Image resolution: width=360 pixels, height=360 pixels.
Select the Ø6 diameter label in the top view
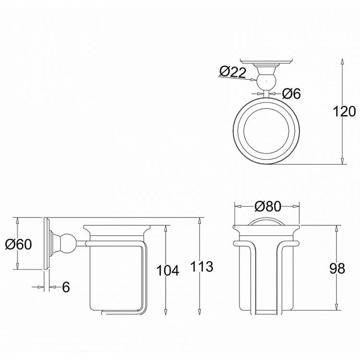(291, 94)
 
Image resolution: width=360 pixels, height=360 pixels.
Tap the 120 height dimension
(345, 111)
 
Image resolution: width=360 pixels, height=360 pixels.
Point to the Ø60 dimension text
(18, 244)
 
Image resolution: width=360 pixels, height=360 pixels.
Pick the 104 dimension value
(168, 270)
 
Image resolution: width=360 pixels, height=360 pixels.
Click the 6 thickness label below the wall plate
(66, 287)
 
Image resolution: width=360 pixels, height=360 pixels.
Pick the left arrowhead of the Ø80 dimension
(236, 206)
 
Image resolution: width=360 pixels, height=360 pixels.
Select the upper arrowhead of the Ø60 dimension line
(17, 220)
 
